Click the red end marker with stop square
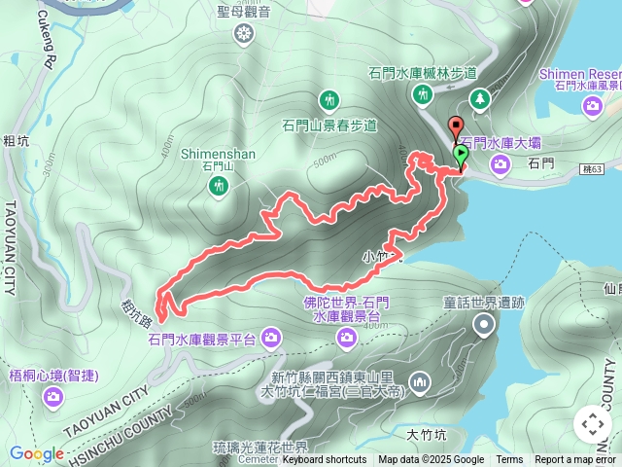pyautogui.click(x=455, y=126)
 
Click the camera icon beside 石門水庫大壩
pyautogui.click(x=500, y=163)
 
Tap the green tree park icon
pyautogui.click(x=479, y=98)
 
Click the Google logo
pyautogui.click(x=37, y=453)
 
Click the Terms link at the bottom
pyautogui.click(x=509, y=460)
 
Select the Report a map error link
pyautogui.click(x=576, y=460)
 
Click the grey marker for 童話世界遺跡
pyautogui.click(x=484, y=326)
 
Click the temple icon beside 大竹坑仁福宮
pyautogui.click(x=420, y=380)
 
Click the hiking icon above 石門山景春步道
pyautogui.click(x=329, y=100)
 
